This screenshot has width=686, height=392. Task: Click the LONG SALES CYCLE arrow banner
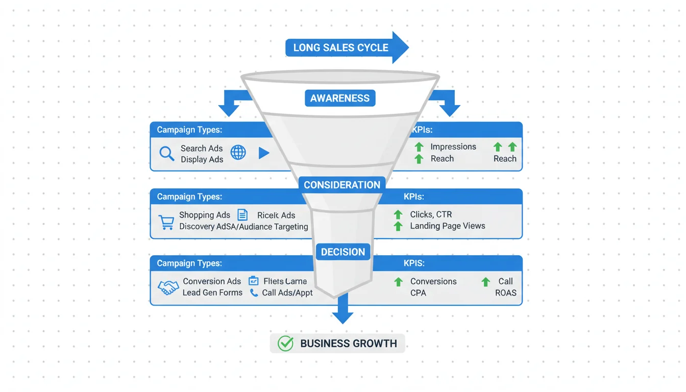(x=341, y=48)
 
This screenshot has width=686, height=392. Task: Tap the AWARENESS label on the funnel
(x=340, y=98)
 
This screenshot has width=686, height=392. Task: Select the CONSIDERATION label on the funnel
(x=342, y=185)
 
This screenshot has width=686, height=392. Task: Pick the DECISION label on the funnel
(x=343, y=252)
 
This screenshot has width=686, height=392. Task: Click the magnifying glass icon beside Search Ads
(x=167, y=153)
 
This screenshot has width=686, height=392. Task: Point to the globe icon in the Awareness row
(x=238, y=152)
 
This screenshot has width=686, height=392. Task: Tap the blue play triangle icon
(x=264, y=153)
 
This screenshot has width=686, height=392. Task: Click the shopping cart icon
(x=166, y=222)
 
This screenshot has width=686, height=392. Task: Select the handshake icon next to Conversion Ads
(x=168, y=287)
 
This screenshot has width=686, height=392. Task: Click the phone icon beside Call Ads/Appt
(x=254, y=293)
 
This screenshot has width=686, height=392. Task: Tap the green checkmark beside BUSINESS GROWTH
(x=285, y=344)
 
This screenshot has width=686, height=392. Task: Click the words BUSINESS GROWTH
(x=349, y=344)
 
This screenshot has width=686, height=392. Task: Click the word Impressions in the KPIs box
(x=453, y=146)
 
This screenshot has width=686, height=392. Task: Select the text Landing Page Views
(x=448, y=226)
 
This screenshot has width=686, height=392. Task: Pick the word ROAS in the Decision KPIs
(x=506, y=293)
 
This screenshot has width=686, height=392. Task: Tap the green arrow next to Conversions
(x=398, y=282)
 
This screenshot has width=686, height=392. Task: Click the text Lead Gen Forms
(x=212, y=293)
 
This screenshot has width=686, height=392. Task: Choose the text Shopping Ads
(x=205, y=215)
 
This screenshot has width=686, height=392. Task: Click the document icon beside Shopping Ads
(x=242, y=215)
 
